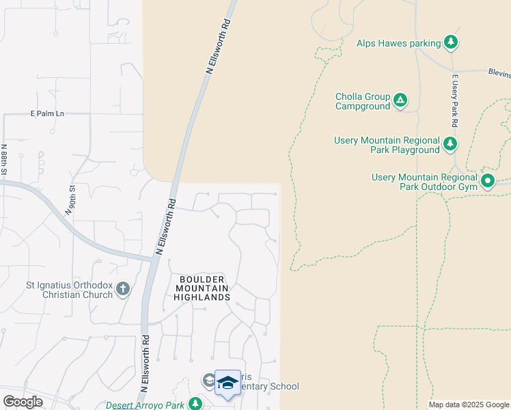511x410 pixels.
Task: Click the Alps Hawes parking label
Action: (x=398, y=43)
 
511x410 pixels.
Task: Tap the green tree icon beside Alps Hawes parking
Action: (x=450, y=43)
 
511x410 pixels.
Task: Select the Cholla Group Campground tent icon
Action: (x=400, y=102)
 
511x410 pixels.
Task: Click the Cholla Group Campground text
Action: (x=363, y=102)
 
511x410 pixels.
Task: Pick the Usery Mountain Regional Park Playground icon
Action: (x=450, y=143)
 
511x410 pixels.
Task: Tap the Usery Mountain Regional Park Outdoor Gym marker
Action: (x=487, y=181)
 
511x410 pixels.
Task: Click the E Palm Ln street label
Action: (x=47, y=113)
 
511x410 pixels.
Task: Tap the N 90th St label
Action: (x=68, y=197)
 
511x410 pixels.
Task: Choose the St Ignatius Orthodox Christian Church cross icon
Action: (x=123, y=290)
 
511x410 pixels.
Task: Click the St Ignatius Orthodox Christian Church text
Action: (x=68, y=290)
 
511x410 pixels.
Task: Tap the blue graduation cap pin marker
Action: (x=227, y=383)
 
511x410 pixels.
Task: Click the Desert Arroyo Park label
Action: (x=146, y=405)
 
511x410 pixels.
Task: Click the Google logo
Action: (x=23, y=402)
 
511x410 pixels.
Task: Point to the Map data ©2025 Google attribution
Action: (x=468, y=405)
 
